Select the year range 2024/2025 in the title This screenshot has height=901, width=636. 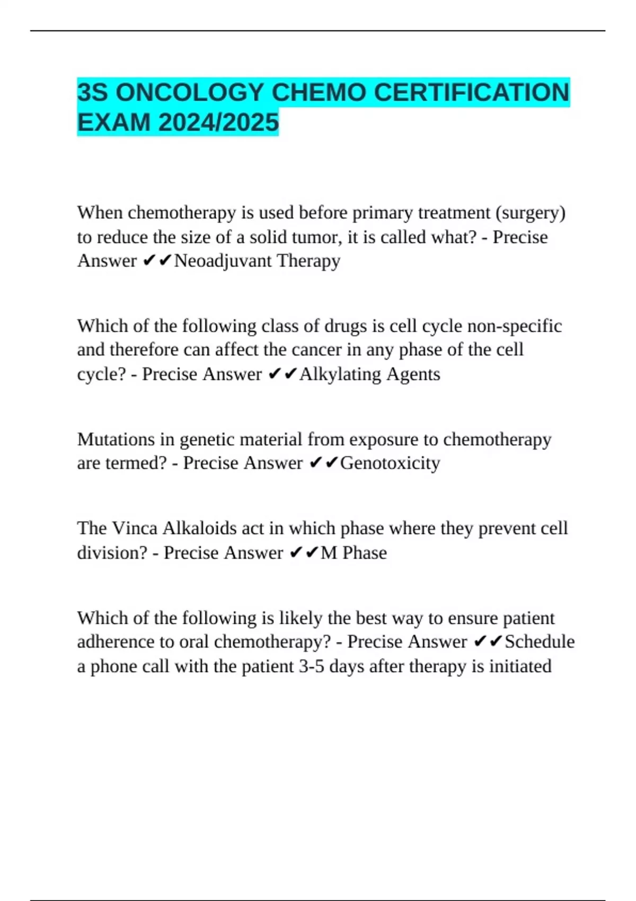[218, 123]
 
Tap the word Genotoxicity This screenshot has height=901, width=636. [390, 463]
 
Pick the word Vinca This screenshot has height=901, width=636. [135, 528]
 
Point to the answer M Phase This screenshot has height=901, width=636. [354, 553]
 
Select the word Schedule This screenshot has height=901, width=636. [539, 642]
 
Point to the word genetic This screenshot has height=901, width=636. [207, 439]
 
